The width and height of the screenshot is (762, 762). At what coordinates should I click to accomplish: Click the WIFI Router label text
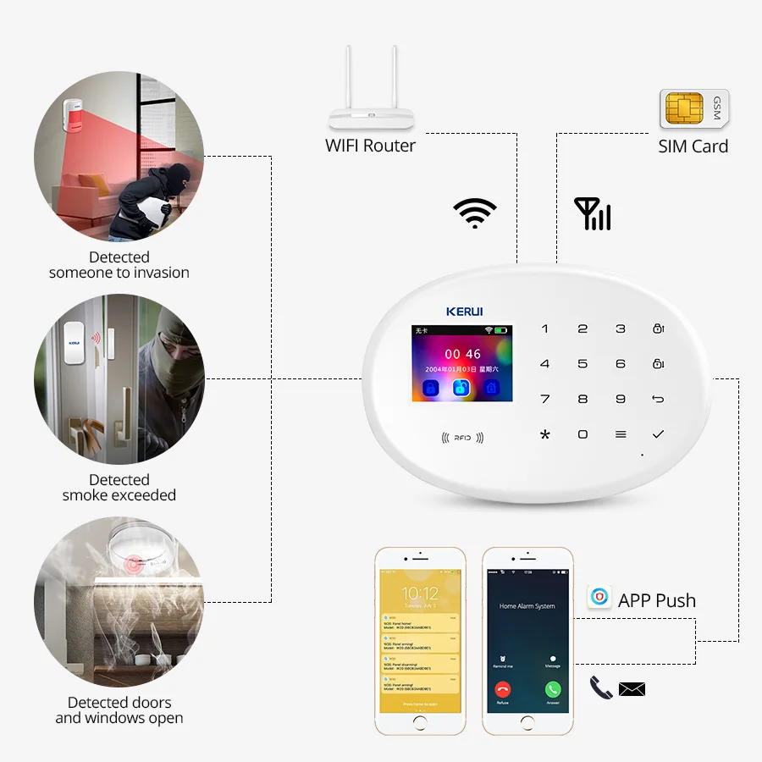(370, 146)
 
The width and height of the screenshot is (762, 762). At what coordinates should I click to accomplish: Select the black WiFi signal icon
(474, 213)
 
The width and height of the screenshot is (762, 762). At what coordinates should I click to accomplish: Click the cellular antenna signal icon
(593, 214)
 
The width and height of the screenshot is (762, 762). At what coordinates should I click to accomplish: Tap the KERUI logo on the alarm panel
(464, 312)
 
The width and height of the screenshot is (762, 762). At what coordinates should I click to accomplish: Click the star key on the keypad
(544, 434)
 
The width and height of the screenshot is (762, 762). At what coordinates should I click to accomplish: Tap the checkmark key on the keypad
(658, 433)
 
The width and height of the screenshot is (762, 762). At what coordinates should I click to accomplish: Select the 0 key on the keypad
(583, 434)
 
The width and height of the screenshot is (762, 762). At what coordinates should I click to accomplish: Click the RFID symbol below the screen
(461, 438)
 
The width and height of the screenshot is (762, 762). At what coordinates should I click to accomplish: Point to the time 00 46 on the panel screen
(462, 354)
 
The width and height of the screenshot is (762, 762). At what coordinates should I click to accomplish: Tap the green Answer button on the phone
(553, 689)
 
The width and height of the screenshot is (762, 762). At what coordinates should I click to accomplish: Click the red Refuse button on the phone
(503, 689)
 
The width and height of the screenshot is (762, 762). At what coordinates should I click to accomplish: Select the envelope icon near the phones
(632, 689)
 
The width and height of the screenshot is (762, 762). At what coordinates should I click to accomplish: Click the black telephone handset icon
(601, 687)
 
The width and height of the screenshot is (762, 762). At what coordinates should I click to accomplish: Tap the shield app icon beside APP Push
(599, 598)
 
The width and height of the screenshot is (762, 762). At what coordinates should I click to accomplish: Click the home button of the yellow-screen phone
(421, 723)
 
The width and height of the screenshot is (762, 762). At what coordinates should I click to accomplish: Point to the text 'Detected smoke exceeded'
(119, 487)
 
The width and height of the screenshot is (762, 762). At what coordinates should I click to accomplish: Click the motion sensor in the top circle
(75, 116)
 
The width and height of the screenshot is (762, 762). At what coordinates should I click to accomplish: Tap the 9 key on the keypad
(621, 399)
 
